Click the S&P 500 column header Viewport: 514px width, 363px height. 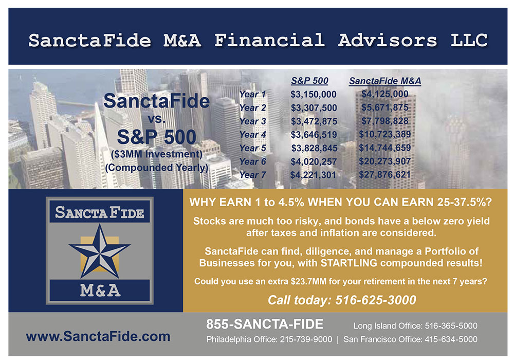pyautogui.click(x=309, y=81)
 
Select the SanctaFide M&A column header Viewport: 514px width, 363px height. pyautogui.click(x=385, y=81)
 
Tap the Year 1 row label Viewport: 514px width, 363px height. pyautogui.click(x=252, y=94)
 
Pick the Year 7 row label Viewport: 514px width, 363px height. pyautogui.click(x=252, y=175)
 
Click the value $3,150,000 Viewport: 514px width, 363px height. pyautogui.click(x=314, y=95)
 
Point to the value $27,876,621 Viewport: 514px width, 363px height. pyautogui.click(x=385, y=174)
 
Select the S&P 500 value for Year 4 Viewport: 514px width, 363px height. pyautogui.click(x=314, y=134)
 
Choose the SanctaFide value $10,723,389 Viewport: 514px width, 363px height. pyautogui.click(x=385, y=134)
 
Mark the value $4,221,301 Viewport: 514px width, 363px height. pyautogui.click(x=313, y=175)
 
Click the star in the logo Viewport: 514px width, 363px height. pyautogui.click(x=100, y=251)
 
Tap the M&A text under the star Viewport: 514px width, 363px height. pyautogui.click(x=100, y=291)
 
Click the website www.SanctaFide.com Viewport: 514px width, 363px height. pyautogui.click(x=98, y=336)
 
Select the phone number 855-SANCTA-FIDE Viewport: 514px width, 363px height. pyautogui.click(x=265, y=324)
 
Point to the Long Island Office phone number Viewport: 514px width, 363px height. pyautogui.click(x=451, y=325)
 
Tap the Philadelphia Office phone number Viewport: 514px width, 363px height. pyautogui.click(x=306, y=339)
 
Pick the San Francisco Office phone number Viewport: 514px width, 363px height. pyautogui.click(x=451, y=339)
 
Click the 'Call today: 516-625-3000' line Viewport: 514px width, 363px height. pyautogui.click(x=342, y=300)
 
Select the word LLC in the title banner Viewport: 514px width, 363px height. pyautogui.click(x=469, y=40)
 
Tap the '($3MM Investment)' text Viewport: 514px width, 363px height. pyautogui.click(x=157, y=154)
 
